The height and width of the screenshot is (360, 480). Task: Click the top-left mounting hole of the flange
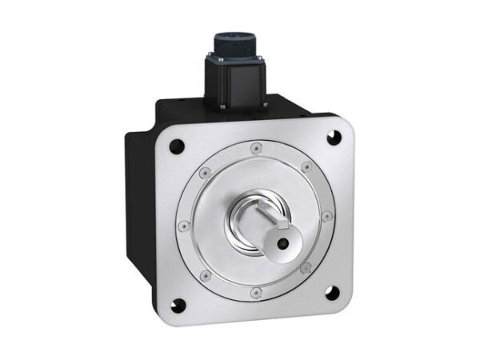pyautogui.click(x=178, y=146)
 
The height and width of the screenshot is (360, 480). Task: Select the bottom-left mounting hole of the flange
pyautogui.click(x=178, y=304)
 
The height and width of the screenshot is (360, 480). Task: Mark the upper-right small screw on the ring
pyautogui.click(x=306, y=167)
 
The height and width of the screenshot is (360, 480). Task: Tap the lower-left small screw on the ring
pyautogui.click(x=206, y=276)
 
